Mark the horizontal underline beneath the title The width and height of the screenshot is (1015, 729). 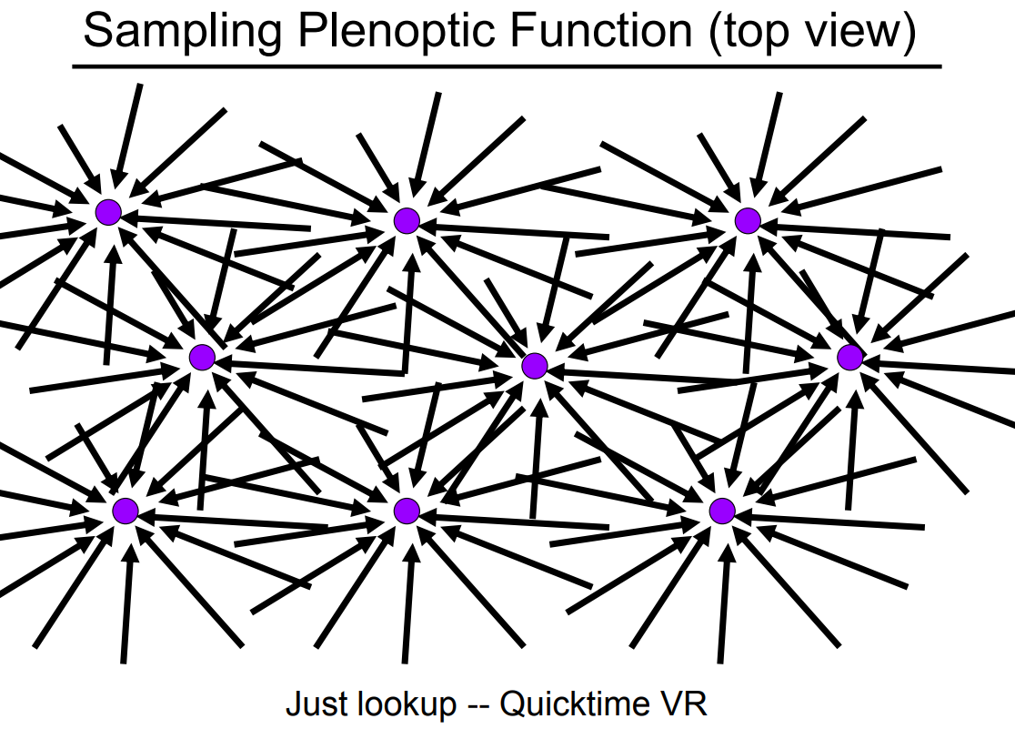point(507,66)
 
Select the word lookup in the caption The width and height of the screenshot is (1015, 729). point(407,704)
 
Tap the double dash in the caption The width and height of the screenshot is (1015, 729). point(478,704)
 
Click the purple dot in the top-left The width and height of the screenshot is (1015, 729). point(108,212)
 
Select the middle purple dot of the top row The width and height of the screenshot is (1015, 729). point(407,220)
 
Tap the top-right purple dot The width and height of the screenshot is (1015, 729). point(748,220)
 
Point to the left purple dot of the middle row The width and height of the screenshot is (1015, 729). point(202,358)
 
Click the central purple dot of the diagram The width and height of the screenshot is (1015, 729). point(535,366)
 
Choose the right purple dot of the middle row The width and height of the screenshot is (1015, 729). point(849,358)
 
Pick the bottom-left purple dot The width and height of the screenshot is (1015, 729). point(125,511)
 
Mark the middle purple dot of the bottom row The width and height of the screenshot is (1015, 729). point(407,511)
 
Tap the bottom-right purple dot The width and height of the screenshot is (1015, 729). point(722,511)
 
